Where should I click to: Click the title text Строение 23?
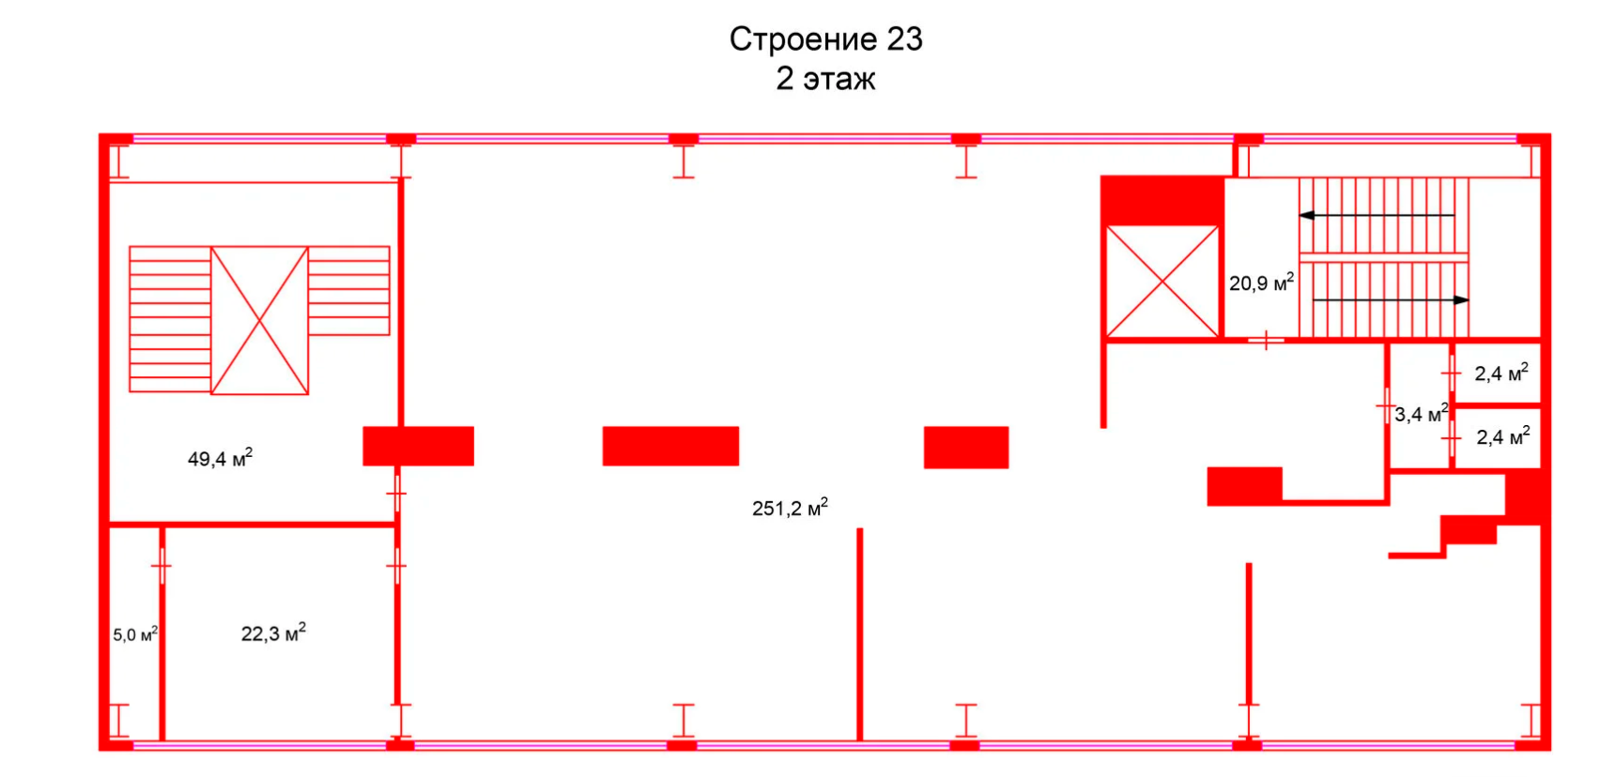[825, 39]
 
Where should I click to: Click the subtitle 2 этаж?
[825, 79]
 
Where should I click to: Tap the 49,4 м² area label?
[220, 459]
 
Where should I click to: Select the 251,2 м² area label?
[790, 509]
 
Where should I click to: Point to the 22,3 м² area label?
[273, 634]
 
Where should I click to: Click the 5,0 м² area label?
[135, 635]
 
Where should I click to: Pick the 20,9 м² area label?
[1261, 282]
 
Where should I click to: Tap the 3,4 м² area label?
[1421, 414]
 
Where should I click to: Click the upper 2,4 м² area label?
[1500, 373]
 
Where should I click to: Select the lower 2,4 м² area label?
[1502, 437]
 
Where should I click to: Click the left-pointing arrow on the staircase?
[1377, 216]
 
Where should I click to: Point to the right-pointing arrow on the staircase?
[1391, 300]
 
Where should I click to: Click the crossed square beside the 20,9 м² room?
[1162, 281]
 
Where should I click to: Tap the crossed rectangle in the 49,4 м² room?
[259, 320]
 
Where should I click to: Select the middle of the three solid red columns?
[670, 446]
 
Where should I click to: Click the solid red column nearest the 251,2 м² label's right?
[966, 448]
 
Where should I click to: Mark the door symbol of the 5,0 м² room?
[162, 566]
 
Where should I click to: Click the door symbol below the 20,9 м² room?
[1266, 340]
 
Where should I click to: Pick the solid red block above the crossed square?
[1162, 199]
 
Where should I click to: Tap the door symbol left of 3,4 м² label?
[1386, 406]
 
